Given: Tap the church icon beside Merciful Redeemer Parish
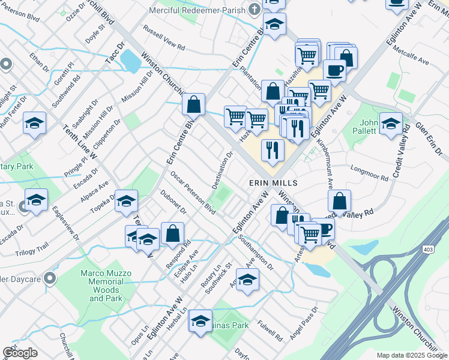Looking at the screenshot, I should point(255,10).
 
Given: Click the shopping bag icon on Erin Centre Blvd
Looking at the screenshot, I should point(194,104).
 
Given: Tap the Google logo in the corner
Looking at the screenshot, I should point(20,353).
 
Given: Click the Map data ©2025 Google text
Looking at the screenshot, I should point(412,355).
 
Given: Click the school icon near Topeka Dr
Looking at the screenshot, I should point(127,202).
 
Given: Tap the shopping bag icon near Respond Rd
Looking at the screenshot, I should point(172,234).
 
